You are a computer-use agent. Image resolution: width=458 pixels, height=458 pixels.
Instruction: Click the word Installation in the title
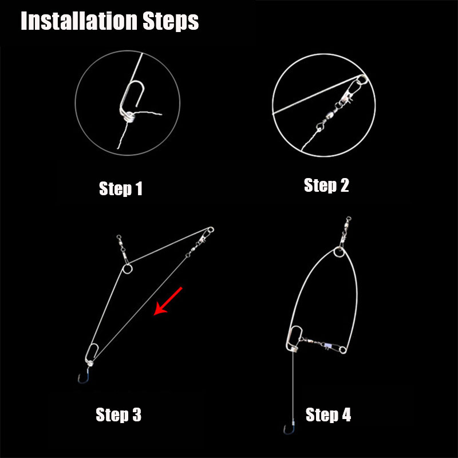(79, 21)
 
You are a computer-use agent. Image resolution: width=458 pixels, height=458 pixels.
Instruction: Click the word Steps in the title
(171, 22)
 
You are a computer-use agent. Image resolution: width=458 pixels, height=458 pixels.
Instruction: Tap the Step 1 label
(121, 189)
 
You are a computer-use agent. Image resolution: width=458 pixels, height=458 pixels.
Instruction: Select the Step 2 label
(326, 185)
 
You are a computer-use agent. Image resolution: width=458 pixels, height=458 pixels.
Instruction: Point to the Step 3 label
(119, 414)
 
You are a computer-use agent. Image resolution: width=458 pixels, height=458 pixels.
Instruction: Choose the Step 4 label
(328, 414)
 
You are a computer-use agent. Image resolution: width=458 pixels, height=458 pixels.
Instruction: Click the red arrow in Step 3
(168, 301)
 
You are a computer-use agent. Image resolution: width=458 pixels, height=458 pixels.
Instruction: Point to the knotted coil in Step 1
(127, 116)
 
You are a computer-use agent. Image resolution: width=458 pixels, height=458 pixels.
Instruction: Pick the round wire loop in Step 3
(127, 269)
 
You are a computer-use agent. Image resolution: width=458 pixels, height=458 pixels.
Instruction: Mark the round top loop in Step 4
(334, 252)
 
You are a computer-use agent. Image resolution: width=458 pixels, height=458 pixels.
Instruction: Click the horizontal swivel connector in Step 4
(323, 344)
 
